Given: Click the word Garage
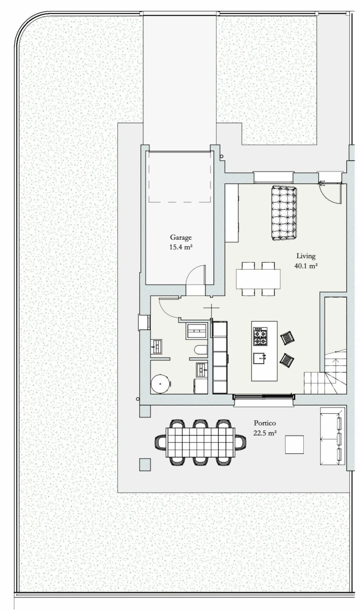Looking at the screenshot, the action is tap(181, 238).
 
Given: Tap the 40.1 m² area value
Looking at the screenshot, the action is tap(306, 266).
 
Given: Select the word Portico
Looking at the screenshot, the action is tap(265, 423).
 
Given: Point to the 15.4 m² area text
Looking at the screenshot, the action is tap(181, 247).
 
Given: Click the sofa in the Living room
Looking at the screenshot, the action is tap(284, 213).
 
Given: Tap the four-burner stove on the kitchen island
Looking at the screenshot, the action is tap(260, 336).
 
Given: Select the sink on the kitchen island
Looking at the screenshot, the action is tap(260, 358).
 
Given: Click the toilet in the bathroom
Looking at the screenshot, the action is tap(201, 350).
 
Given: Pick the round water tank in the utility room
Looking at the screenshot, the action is tap(161, 384).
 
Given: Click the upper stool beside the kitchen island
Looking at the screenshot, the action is tap(288, 338).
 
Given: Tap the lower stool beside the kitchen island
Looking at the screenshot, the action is tap(287, 360).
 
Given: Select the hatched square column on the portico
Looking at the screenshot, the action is tap(145, 465).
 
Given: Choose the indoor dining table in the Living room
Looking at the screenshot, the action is tap(258, 279).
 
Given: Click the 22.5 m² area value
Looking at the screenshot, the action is tap(265, 433).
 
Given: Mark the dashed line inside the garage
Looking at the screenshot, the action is tap(180, 202).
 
